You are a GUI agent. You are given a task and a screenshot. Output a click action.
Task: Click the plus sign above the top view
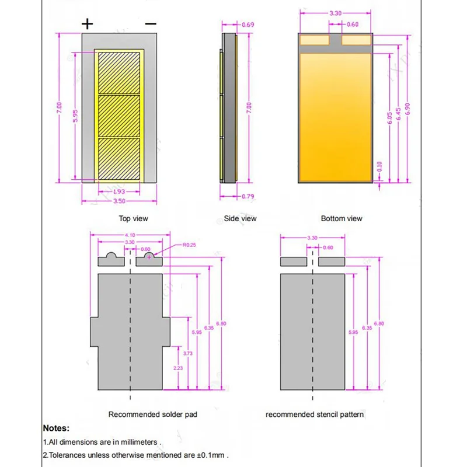coord(88,24)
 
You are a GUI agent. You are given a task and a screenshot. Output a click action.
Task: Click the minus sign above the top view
coord(151,24)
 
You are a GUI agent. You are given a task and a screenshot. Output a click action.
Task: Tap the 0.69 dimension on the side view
coord(248,25)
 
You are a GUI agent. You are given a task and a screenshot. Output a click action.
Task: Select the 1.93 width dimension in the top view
coord(119,191)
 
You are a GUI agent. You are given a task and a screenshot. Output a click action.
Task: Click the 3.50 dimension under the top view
coord(119,201)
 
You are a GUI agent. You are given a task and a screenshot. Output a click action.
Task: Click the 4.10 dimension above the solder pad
coord(130,235)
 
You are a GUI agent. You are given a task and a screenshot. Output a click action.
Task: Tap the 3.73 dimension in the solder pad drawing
coord(187,354)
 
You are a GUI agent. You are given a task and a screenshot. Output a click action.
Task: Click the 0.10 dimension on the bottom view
coord(380,167)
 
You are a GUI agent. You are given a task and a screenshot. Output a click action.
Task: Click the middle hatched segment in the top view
coord(119,116)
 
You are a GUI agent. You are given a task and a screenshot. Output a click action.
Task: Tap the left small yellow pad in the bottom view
coord(314,40)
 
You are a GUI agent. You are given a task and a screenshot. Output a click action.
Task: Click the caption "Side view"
coord(240,219)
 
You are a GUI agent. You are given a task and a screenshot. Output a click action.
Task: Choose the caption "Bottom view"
coord(341,219)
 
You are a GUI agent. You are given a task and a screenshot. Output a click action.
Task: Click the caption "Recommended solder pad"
coord(153,414)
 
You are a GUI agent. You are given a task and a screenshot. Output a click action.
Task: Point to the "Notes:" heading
coord(57,428)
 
